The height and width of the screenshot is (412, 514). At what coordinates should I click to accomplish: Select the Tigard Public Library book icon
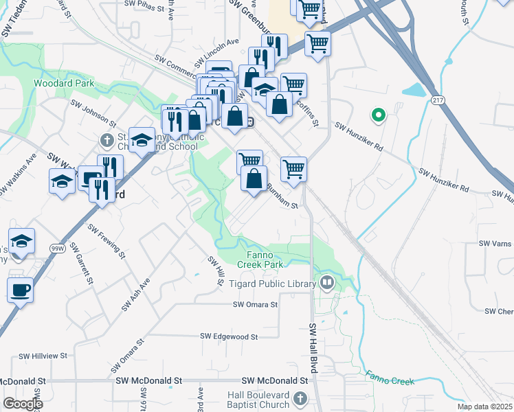tap(327, 283)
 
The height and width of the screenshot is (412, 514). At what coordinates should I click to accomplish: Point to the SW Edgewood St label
tap(229, 336)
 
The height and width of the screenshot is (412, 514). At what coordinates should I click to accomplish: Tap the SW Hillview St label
tap(43, 356)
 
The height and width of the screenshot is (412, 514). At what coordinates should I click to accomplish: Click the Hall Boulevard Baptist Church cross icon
tap(300, 398)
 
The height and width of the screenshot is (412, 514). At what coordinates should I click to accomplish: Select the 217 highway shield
tap(438, 100)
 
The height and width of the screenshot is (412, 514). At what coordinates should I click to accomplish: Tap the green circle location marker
tap(377, 115)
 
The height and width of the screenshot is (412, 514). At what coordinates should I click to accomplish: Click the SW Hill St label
tap(216, 268)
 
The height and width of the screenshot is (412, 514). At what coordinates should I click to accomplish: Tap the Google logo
tap(23, 403)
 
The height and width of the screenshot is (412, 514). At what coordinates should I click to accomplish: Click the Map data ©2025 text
tap(484, 407)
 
